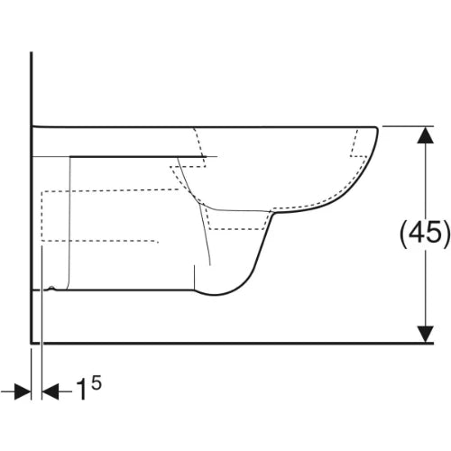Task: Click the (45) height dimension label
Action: click(425, 235)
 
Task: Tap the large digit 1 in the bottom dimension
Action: click(81, 390)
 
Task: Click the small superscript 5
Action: click(97, 383)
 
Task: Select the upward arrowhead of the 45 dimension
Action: click(425, 135)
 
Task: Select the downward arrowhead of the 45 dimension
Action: click(425, 334)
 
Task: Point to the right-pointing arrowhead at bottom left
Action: click(23, 391)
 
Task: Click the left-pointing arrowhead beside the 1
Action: click(51, 391)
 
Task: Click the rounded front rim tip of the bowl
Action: click(376, 129)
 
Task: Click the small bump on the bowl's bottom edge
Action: click(52, 288)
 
